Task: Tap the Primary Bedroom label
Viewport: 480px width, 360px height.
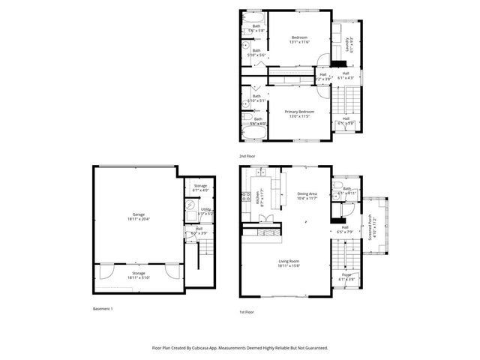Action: point(298,114)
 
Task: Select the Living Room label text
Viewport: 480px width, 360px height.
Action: point(289,262)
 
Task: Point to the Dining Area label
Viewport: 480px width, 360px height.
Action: point(308,195)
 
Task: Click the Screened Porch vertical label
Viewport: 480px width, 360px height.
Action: point(372,224)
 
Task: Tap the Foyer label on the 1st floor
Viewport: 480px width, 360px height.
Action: point(346,277)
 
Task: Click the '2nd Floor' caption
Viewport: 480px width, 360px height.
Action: point(247,156)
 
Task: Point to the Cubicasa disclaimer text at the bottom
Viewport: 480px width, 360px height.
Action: point(239,348)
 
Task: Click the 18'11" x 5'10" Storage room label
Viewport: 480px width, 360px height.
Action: point(139,275)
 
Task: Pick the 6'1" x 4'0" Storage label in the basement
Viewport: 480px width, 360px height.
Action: point(200,187)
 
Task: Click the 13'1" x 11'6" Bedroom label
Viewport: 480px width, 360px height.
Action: point(299,39)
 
